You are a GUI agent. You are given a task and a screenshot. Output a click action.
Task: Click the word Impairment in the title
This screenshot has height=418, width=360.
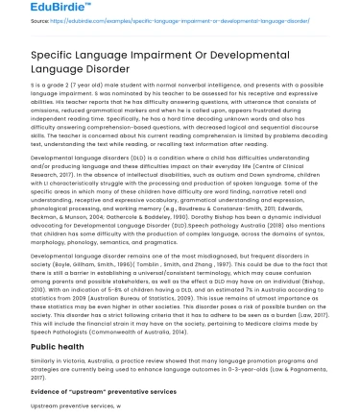pos(162,57)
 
